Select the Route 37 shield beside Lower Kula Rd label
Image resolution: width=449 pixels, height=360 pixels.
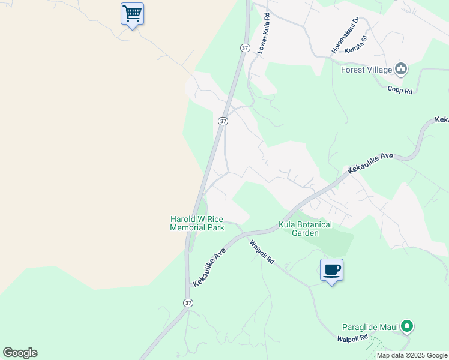(244, 47)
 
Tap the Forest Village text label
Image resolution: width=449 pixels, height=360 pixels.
(366, 70)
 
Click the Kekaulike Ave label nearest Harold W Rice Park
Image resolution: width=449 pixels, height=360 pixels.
(209, 267)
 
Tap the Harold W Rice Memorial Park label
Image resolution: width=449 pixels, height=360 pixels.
(197, 224)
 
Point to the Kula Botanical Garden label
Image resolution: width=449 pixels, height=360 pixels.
(305, 229)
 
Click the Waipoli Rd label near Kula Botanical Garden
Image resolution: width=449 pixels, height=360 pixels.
(262, 252)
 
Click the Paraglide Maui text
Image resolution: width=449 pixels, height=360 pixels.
(370, 327)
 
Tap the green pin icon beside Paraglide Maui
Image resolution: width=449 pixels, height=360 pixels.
(408, 327)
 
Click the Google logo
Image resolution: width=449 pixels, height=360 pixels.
(20, 353)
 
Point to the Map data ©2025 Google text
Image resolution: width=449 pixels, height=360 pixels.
(412, 355)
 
